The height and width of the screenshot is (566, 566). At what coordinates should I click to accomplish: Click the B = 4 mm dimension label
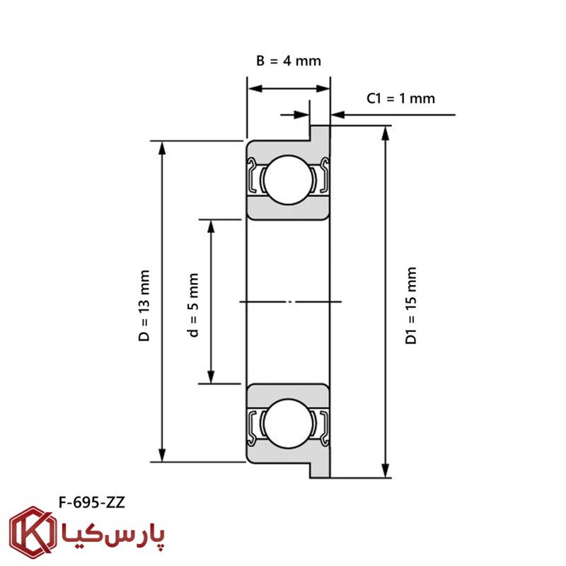tap(289, 61)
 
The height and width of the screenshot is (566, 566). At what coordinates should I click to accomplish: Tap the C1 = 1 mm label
tap(400, 98)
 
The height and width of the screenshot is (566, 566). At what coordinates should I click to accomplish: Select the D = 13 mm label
tap(144, 306)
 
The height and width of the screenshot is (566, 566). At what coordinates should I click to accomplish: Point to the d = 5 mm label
tap(193, 305)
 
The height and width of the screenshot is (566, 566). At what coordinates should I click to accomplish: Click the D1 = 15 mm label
tap(411, 306)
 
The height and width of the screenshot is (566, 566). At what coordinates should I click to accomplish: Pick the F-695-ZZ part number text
tap(92, 502)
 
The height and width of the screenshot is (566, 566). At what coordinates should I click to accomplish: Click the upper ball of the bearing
tap(288, 180)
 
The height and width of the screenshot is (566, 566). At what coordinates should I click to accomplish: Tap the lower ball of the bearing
tap(288, 423)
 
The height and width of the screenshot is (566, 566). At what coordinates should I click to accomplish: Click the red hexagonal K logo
tap(33, 532)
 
